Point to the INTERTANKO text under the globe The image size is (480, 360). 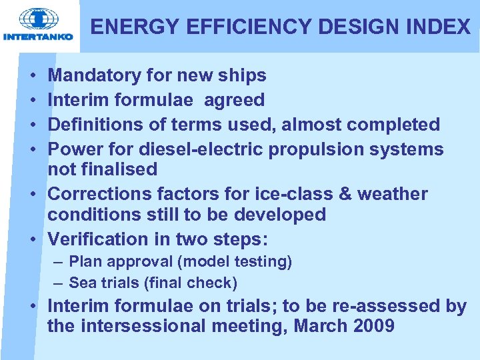point(38,37)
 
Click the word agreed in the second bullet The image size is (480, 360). point(234,101)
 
